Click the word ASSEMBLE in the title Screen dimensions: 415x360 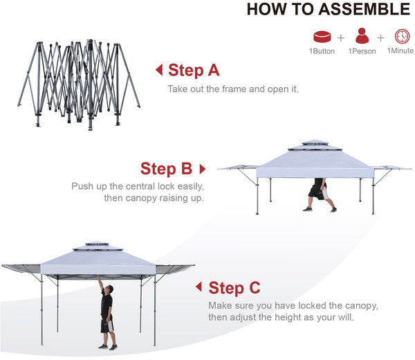[365, 9]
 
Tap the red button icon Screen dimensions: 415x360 [322, 37]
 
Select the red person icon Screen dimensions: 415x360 [362, 36]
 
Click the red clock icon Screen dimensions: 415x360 [402, 36]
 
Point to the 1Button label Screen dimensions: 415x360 [322, 51]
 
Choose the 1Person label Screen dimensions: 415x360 [362, 51]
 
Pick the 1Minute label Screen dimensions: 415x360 [400, 51]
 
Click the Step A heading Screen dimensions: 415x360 [194, 71]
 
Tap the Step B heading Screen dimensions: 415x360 [166, 169]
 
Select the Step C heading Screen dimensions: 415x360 [234, 288]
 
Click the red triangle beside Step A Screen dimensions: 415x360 [159, 70]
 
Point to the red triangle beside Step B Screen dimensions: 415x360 [203, 169]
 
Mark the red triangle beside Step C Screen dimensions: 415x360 [199, 287]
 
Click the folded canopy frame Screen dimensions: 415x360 [79, 84]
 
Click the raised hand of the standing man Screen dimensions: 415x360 [98, 277]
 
